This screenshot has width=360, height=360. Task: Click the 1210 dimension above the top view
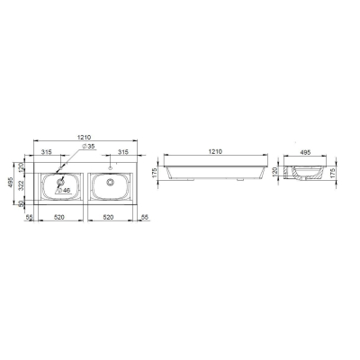point(84,137)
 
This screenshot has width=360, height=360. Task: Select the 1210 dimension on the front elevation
point(215,151)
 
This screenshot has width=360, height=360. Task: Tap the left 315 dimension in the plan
point(47,152)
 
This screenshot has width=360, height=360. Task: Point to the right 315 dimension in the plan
point(123,152)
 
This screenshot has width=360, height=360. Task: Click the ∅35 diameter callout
point(88,146)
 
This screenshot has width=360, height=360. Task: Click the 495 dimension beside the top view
point(10,183)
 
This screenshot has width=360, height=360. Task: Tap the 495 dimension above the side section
point(305,152)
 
